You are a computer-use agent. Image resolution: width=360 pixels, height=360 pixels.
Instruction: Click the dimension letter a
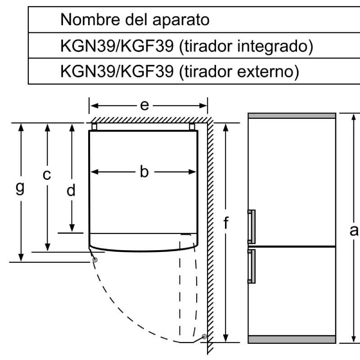(x=354, y=230)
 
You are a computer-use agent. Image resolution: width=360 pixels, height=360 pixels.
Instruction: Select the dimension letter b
(x=144, y=171)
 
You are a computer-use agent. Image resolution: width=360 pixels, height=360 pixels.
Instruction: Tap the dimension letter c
(x=47, y=175)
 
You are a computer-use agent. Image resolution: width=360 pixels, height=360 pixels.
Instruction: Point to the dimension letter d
(x=71, y=191)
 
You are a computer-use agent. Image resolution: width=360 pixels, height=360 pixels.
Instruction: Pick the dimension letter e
(x=144, y=105)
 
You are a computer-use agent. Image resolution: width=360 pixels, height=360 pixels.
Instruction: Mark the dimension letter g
(x=20, y=186)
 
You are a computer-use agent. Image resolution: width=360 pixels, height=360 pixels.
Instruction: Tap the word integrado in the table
(x=268, y=46)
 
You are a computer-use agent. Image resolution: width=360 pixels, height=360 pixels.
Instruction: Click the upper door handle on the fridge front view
(x=251, y=225)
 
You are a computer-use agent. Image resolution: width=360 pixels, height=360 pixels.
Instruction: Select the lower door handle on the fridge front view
(x=251, y=266)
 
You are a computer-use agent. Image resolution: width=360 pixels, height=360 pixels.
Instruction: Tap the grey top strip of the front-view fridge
(x=292, y=116)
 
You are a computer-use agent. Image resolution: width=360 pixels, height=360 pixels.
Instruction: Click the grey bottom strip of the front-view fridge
(x=292, y=339)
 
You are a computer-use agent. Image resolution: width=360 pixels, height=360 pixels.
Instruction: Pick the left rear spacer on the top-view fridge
(x=94, y=127)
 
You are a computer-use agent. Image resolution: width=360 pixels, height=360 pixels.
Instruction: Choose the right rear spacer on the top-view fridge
(x=192, y=127)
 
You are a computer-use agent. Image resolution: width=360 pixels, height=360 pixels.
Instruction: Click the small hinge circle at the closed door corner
(x=94, y=260)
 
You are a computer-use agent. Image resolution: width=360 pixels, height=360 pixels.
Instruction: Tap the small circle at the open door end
(x=205, y=337)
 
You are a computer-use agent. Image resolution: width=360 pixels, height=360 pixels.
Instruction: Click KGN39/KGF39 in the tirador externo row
(x=117, y=72)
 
